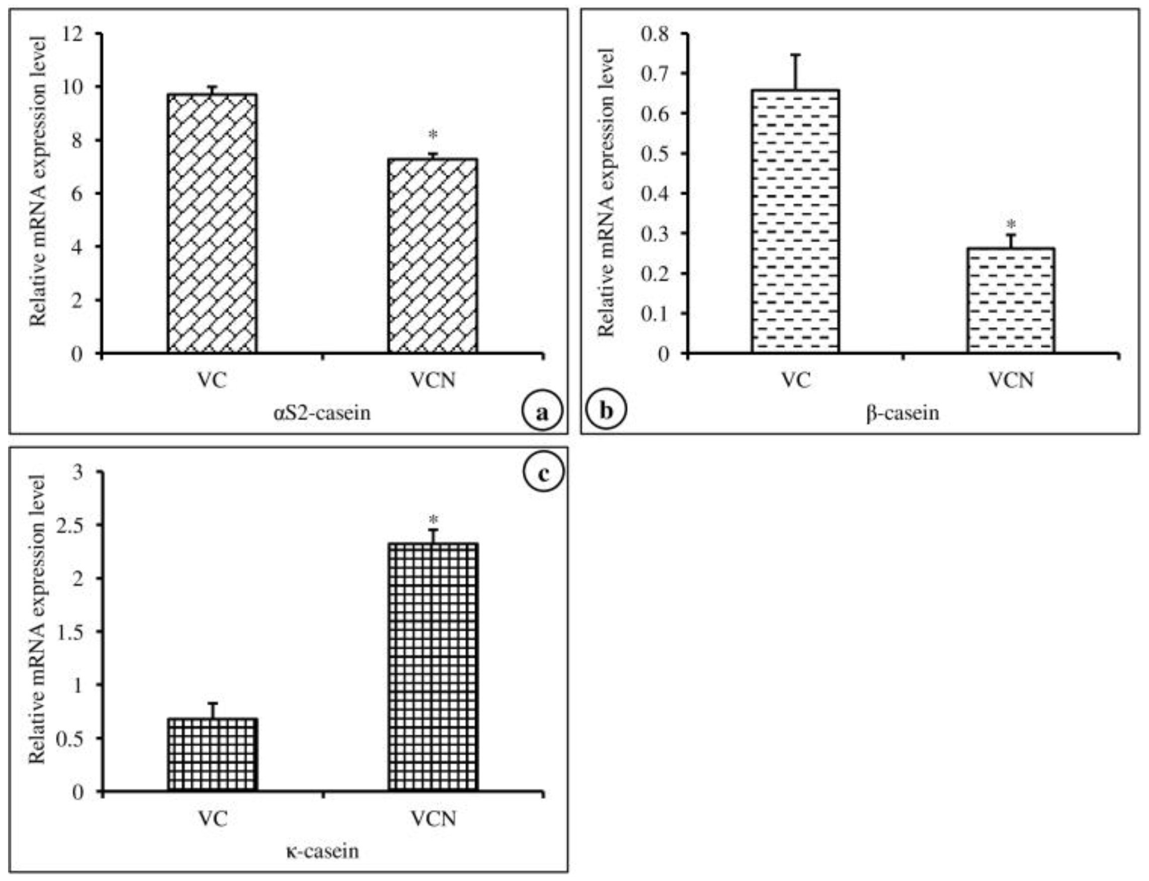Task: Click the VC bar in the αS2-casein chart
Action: [x=212, y=223]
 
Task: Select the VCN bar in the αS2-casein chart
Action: [x=433, y=255]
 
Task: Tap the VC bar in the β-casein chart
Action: [x=795, y=221]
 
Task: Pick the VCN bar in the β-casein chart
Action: [x=1011, y=300]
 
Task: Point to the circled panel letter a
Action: [x=542, y=412]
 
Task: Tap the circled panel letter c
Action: [x=543, y=474]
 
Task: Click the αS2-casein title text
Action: [x=321, y=413]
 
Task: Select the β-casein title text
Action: [x=902, y=413]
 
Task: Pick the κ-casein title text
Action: [x=322, y=851]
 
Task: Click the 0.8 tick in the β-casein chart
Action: [x=656, y=34]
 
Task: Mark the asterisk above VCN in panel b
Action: [x=1011, y=224]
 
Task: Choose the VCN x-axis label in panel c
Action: [x=433, y=818]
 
